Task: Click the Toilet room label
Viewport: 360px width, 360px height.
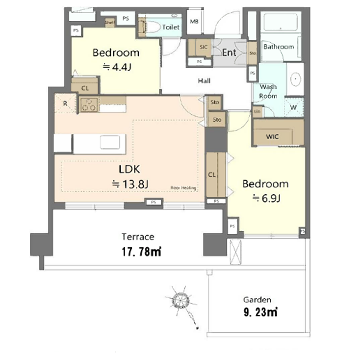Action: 171,27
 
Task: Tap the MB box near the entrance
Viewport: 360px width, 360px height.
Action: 194,22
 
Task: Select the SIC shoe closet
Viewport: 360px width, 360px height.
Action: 203,48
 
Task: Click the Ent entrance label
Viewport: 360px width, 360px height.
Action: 229,52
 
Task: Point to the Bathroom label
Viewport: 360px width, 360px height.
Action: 279,47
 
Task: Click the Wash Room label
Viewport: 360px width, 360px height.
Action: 268,91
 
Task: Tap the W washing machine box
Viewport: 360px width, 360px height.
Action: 293,107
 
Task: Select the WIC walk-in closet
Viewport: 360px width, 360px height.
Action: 273,136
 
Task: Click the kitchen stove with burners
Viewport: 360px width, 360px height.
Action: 89,104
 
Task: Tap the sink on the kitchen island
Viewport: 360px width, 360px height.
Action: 110,142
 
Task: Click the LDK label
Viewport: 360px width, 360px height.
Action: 130,169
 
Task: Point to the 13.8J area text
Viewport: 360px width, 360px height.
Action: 130,184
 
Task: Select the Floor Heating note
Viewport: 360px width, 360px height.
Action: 184,187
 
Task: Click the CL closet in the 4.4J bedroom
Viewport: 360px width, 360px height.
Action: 85,88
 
